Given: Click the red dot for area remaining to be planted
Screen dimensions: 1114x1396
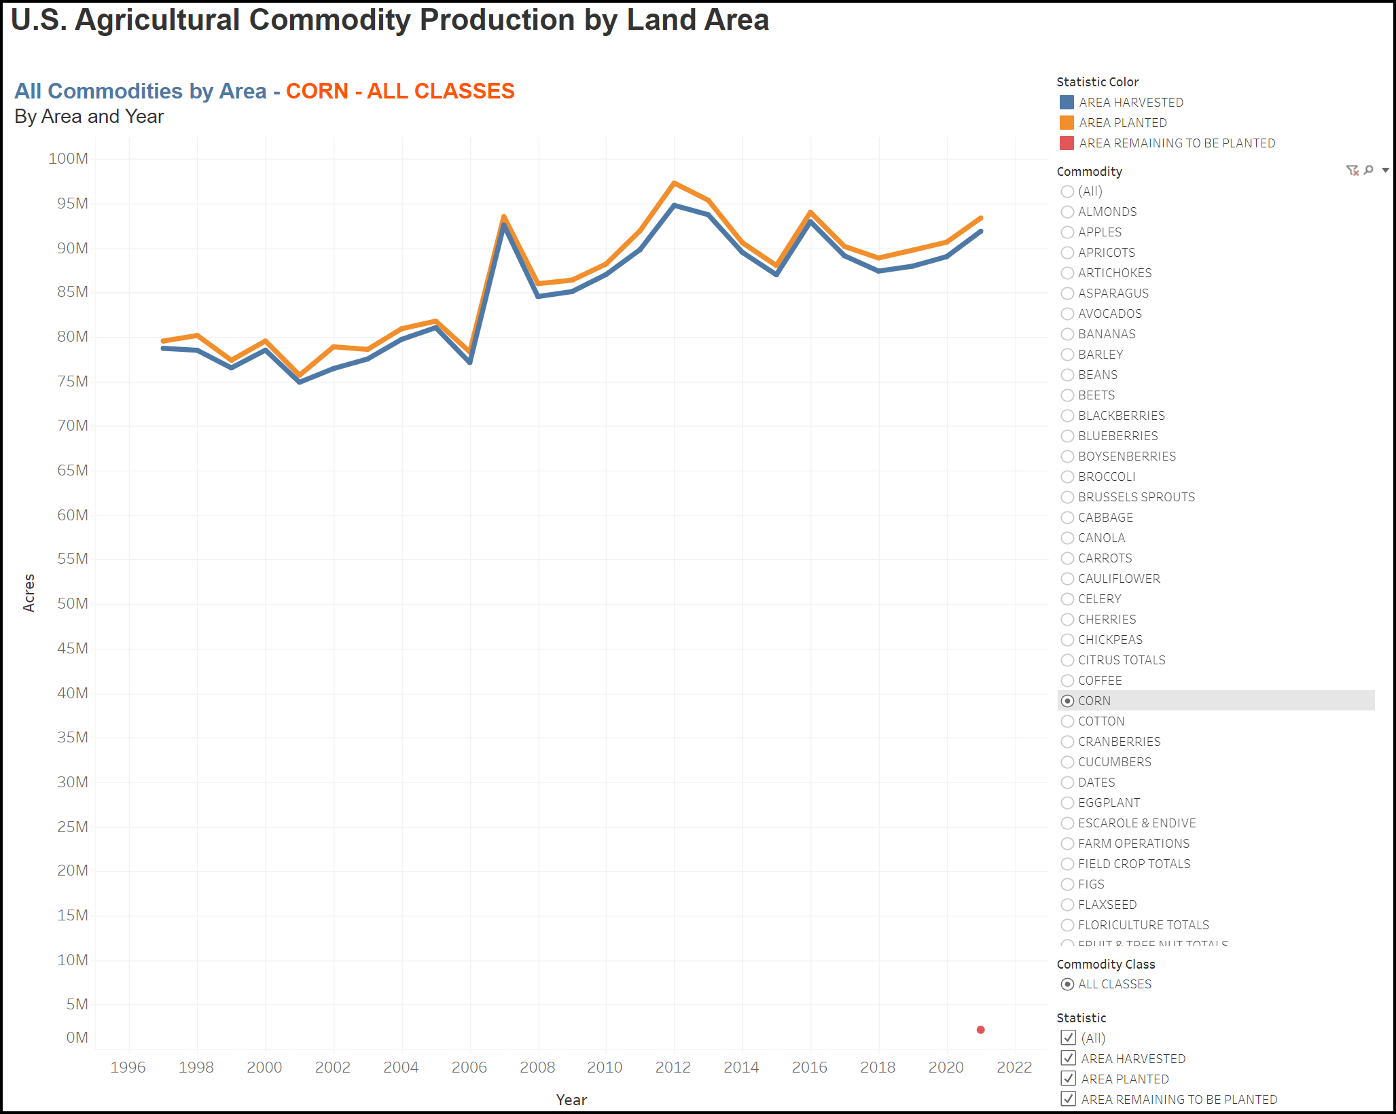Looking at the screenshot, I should [x=980, y=1030].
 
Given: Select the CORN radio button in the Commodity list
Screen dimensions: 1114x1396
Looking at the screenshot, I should [x=1068, y=701].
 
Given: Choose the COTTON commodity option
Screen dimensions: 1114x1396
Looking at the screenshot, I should [x=1068, y=721].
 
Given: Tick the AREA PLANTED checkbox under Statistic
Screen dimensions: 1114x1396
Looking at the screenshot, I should [x=1069, y=1079].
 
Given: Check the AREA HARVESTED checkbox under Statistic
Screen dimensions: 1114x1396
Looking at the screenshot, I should [x=1069, y=1058].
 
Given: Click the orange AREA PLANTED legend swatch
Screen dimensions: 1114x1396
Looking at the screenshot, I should [x=1067, y=123].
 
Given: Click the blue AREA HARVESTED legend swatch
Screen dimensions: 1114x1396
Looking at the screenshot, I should [x=1067, y=103].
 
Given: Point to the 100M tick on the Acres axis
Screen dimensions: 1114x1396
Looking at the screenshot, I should [x=68, y=159].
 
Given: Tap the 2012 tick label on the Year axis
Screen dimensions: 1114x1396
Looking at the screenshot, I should [x=673, y=1067].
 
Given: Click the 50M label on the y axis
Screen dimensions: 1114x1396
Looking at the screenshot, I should [x=72, y=604].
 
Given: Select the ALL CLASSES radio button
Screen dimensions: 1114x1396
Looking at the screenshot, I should [x=1068, y=984].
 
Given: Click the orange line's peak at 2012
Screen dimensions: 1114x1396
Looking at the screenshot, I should [x=674, y=183].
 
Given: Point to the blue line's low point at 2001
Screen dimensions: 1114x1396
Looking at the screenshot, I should [x=300, y=382].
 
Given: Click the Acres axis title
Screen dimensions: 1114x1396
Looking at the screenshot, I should [x=29, y=593].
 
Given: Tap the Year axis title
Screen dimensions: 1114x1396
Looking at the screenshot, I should [x=571, y=1100].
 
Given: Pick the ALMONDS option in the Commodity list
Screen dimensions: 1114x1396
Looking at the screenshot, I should [x=1068, y=212].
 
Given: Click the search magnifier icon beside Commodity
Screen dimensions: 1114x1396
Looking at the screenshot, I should [x=1369, y=170].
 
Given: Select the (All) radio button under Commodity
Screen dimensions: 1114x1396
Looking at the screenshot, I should [x=1068, y=192].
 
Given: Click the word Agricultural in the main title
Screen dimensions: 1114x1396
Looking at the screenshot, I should [x=158, y=20].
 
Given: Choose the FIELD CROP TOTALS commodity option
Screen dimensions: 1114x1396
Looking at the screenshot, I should [x=1068, y=864].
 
